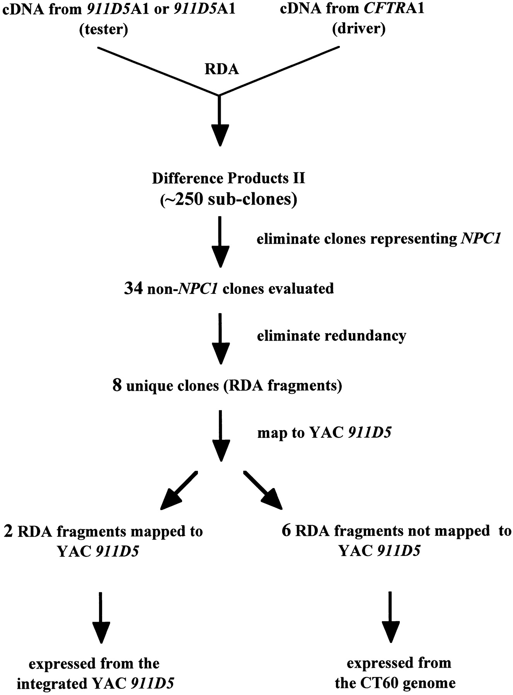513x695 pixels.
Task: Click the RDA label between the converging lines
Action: click(222, 69)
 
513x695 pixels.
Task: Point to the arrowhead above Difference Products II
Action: click(220, 135)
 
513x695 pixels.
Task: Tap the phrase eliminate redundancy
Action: click(331, 336)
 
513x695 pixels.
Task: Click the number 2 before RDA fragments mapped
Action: click(8, 531)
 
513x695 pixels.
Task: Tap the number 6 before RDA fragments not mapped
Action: click(286, 531)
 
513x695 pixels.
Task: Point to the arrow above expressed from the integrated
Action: click(101, 617)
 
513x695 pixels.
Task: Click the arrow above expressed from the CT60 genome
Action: click(390, 617)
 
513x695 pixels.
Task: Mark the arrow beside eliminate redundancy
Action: click(220, 339)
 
